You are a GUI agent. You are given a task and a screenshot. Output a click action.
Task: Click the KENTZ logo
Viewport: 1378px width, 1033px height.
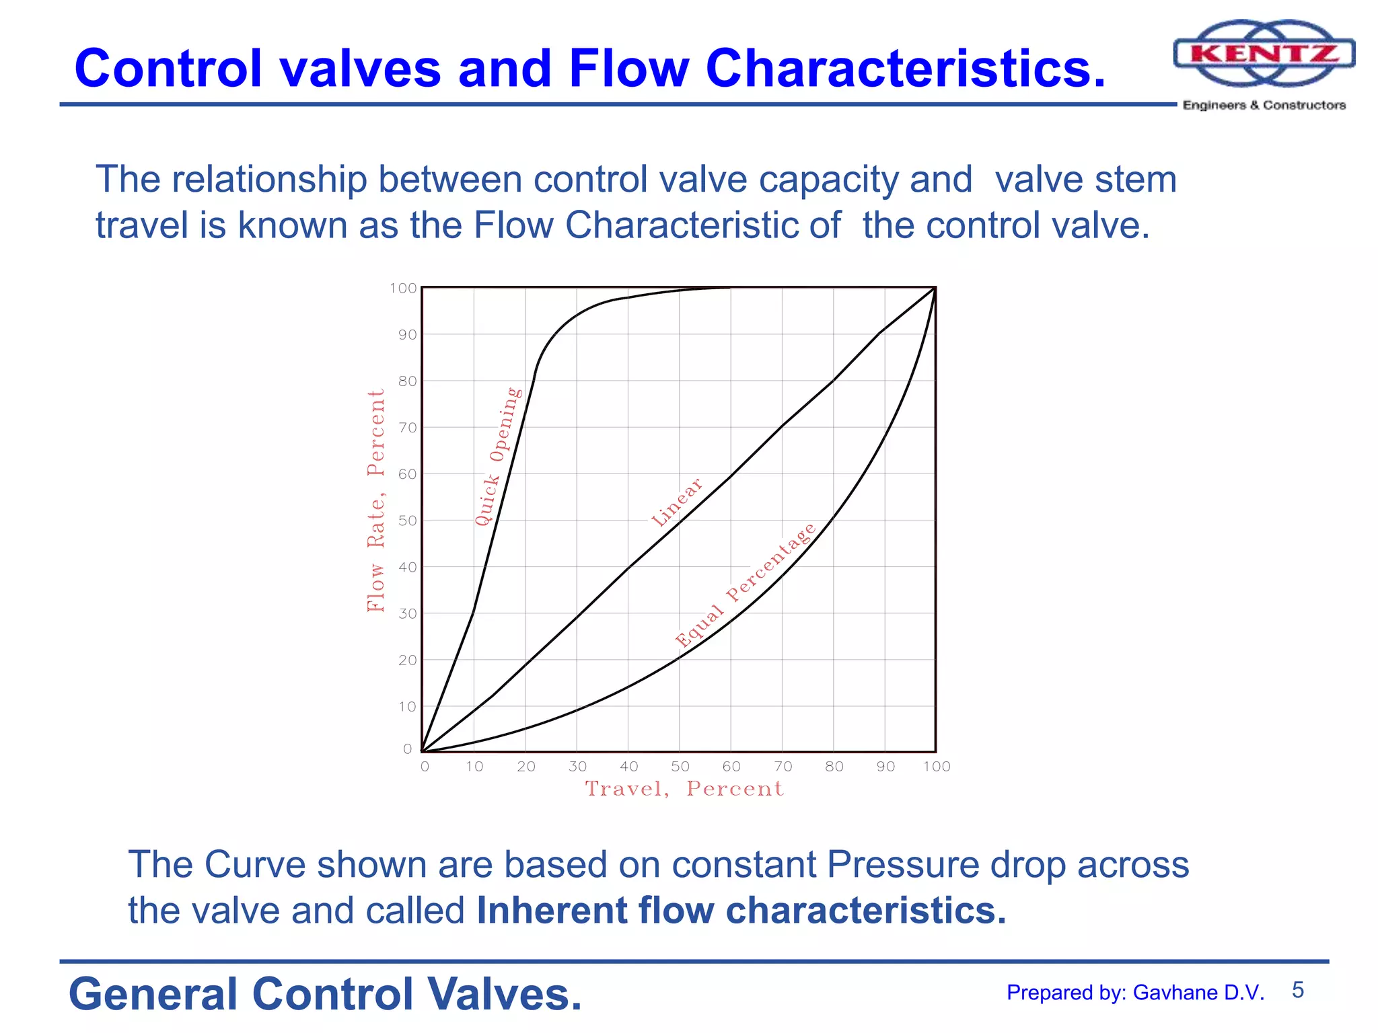(1264, 53)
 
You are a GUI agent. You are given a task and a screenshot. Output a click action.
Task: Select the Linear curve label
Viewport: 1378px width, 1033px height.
(677, 502)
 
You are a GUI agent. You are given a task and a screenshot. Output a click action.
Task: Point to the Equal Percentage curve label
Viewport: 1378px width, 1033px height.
(746, 584)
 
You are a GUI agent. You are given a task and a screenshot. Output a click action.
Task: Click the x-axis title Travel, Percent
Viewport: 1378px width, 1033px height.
(684, 788)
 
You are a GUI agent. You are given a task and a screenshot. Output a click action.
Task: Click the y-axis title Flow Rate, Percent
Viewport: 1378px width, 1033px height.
(375, 500)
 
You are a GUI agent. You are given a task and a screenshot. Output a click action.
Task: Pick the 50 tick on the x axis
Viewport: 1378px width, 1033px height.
(680, 766)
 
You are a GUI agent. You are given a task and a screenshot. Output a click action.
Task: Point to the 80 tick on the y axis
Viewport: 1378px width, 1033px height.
(407, 381)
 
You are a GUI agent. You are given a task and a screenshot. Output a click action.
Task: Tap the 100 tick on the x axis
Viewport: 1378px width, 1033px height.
(936, 766)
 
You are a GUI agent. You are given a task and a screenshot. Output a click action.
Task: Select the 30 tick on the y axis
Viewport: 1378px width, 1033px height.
(407, 613)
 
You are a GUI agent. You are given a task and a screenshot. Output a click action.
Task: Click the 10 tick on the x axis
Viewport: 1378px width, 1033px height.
(474, 766)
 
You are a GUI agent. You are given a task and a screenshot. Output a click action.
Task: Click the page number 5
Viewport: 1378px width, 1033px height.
(1297, 990)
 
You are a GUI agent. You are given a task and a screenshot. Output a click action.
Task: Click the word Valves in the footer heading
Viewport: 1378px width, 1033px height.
(505, 994)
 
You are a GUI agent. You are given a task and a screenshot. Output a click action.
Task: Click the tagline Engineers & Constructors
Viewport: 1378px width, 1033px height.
(1264, 105)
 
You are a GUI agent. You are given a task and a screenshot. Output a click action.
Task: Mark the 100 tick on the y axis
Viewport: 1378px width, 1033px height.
(403, 288)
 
